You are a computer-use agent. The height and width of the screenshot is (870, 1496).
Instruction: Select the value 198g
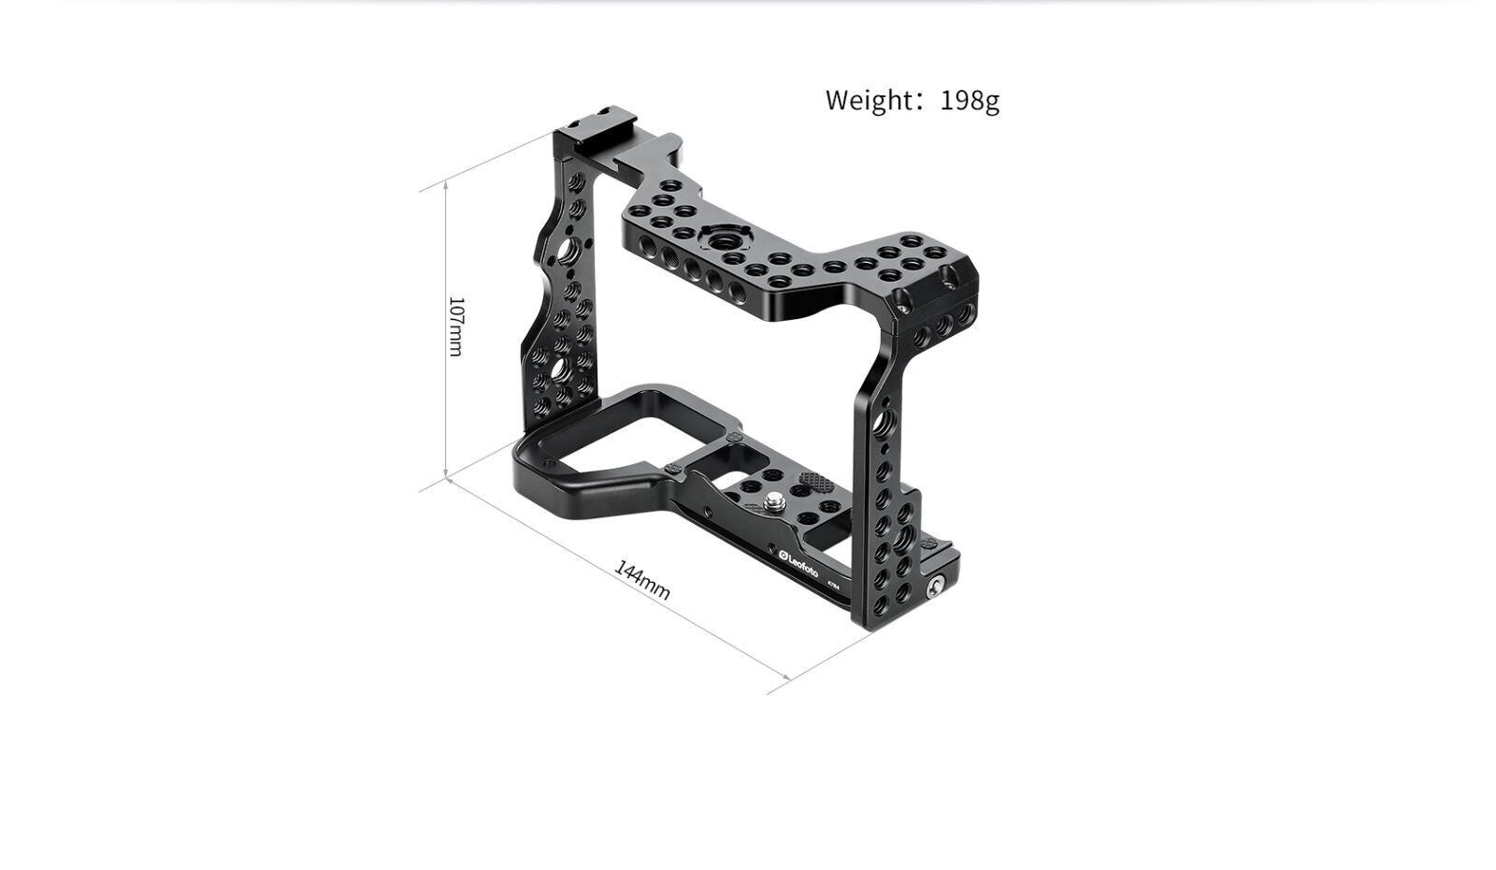(x=970, y=101)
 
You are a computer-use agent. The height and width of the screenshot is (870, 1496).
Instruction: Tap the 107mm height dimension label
(x=456, y=326)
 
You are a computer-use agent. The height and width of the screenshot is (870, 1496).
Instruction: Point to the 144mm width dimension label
(x=641, y=580)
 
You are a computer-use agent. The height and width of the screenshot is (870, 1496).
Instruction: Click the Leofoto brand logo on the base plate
(x=798, y=564)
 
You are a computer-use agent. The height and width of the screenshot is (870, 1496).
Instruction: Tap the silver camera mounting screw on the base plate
(x=775, y=501)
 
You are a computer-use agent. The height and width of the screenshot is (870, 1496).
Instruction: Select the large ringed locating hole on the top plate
(x=724, y=239)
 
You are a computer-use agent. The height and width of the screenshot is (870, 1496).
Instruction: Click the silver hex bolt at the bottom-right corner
(x=935, y=588)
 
